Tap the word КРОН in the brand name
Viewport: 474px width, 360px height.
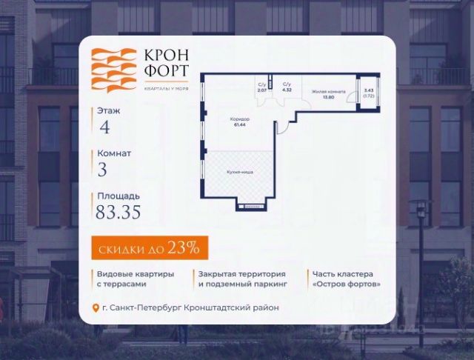coord(166,56)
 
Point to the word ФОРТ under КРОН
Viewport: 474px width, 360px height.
coord(166,72)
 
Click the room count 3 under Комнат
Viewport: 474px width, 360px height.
coord(102,169)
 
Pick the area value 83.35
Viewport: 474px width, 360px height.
coord(118,212)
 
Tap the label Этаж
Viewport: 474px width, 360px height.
coord(108,110)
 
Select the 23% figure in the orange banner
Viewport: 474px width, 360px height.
coord(184,248)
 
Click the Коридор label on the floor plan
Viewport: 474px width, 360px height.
coord(239,119)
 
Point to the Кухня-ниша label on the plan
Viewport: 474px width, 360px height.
coord(239,172)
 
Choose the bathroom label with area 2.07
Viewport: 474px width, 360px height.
coord(261,88)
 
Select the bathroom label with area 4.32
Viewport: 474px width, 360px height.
coord(287,88)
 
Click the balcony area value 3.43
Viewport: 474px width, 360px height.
coord(369,92)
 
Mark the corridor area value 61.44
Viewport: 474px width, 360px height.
coord(239,124)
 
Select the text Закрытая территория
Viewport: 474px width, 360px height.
coord(229,274)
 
